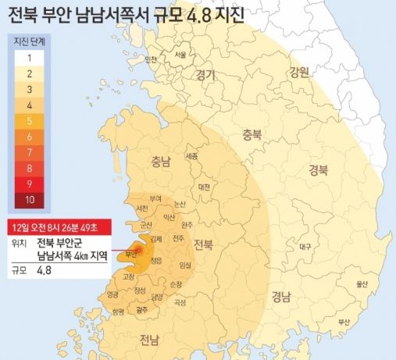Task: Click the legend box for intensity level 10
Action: click(x=28, y=199)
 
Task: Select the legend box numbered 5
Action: click(x=28, y=121)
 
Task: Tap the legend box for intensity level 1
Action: click(x=28, y=56)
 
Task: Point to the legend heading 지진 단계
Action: click(x=29, y=40)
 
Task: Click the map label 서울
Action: click(x=180, y=55)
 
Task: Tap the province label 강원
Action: click(x=298, y=73)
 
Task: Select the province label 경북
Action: click(x=319, y=168)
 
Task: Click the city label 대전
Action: click(x=205, y=187)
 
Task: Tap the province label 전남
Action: click(x=149, y=339)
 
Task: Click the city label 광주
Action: click(x=142, y=310)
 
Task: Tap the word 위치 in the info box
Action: click(x=20, y=242)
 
